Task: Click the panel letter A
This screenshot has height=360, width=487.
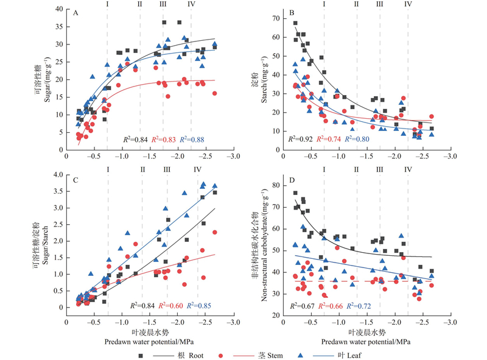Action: pos(75,12)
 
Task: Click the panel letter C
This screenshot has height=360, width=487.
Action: pos(75,180)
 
